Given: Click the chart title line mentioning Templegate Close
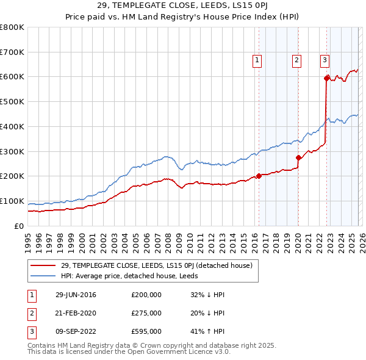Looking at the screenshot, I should click(182, 6).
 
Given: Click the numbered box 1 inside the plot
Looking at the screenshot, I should click(257, 60).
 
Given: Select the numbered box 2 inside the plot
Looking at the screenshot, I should click(296, 60).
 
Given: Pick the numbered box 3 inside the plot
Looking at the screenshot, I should click(325, 60).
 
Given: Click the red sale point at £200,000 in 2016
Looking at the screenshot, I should click(259, 176).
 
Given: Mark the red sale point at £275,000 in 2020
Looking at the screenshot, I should click(298, 157).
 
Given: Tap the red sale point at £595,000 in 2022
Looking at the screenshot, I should click(326, 78).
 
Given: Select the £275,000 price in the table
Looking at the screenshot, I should click(146, 313).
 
